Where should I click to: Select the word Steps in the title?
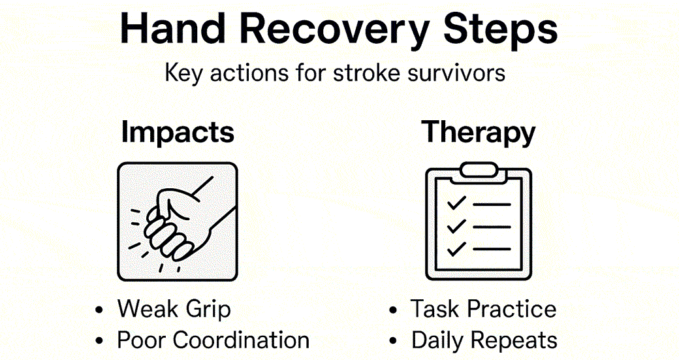tap(499, 31)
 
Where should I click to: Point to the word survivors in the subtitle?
tap(460, 72)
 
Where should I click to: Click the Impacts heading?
tap(178, 133)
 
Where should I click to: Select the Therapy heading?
tap(479, 133)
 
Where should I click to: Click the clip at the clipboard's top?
tap(479, 170)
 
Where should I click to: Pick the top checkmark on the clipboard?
tap(456, 205)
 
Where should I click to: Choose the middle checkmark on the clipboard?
tap(456, 226)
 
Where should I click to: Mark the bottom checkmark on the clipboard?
tap(456, 248)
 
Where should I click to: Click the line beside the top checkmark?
tap(492, 205)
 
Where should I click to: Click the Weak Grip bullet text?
tap(174, 309)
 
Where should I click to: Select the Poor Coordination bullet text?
tap(213, 340)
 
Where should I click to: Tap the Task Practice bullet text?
tap(483, 309)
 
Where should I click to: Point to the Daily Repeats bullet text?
tap(484, 340)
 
